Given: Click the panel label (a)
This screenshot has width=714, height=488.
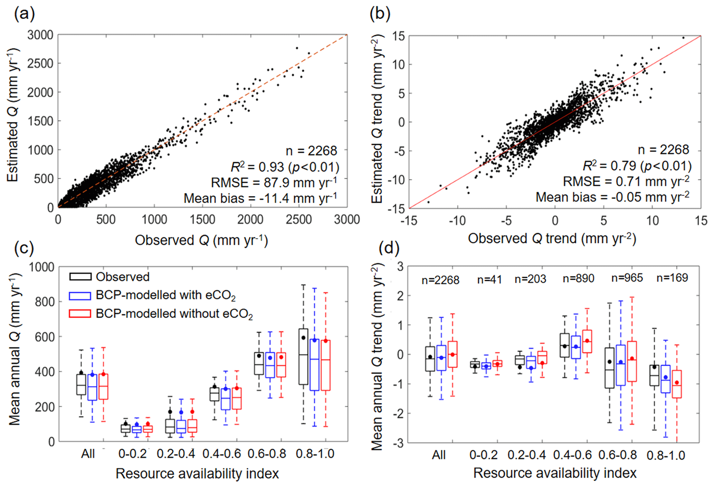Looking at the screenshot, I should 24,15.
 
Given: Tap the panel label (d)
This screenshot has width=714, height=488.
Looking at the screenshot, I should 389,248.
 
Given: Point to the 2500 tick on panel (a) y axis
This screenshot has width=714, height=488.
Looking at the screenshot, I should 40,64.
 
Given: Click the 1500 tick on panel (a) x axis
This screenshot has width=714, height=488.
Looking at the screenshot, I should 202,220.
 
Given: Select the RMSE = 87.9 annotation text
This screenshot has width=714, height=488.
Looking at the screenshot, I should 274,182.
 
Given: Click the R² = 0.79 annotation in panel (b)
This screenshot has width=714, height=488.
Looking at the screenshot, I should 637,166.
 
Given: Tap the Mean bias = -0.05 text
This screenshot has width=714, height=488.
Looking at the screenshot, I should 612,197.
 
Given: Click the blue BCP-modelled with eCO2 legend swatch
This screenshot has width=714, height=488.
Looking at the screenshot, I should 80,296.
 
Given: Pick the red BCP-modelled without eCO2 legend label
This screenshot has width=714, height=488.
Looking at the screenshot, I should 174,314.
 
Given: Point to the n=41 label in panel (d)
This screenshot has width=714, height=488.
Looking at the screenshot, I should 489,279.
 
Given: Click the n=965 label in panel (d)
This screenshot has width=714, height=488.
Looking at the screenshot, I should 627,278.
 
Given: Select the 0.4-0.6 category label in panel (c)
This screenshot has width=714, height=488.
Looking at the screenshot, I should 221,454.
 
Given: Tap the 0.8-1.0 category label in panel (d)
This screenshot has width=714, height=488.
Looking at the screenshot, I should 666,455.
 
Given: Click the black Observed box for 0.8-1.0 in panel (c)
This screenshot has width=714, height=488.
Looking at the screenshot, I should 303,356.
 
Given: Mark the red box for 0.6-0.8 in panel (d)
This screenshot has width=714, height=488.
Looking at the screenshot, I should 632,361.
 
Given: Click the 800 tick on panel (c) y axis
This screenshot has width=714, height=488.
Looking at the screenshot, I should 45,302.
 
